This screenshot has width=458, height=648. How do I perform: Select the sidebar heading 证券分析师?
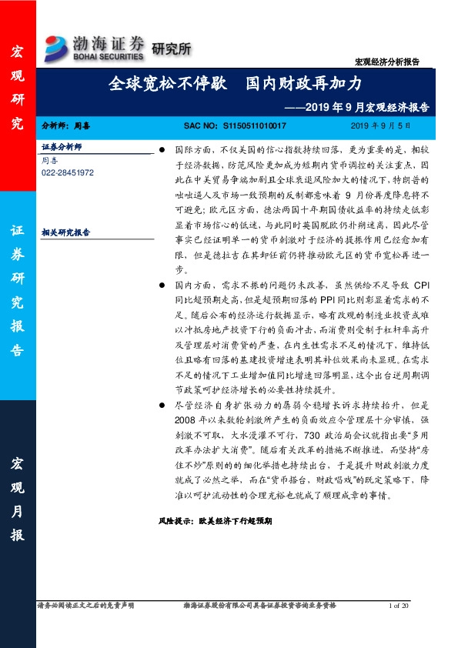tap(62, 146)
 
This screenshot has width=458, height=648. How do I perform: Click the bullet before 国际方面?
tap(162, 147)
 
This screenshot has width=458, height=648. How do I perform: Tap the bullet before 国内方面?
tap(162, 284)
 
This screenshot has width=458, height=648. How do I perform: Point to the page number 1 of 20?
tap(401, 606)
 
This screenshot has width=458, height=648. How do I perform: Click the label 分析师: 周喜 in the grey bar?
tap(66, 125)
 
